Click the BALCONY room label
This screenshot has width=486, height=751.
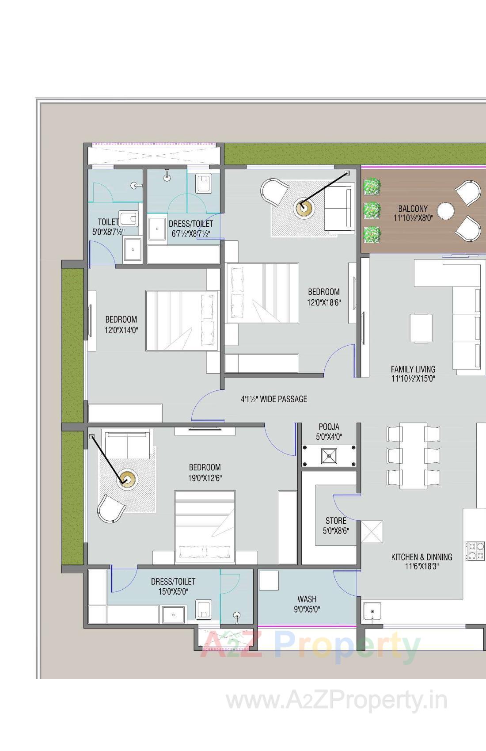pyautogui.click(x=413, y=209)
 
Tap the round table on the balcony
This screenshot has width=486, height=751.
pyautogui.click(x=445, y=211)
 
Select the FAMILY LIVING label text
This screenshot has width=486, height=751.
pyautogui.click(x=413, y=369)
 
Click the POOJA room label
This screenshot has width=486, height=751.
pyautogui.click(x=329, y=427)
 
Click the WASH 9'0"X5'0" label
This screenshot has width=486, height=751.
pyautogui.click(x=307, y=604)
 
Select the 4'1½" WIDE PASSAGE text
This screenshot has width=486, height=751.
pyautogui.click(x=273, y=399)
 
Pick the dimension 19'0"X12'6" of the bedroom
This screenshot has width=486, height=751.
pyautogui.click(x=205, y=478)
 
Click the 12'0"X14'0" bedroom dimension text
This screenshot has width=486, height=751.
pyautogui.click(x=121, y=330)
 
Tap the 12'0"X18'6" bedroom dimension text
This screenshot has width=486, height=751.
pyautogui.click(x=324, y=302)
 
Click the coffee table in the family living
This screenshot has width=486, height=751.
pyautogui.click(x=421, y=328)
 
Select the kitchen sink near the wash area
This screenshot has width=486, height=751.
pyautogui.click(x=372, y=611)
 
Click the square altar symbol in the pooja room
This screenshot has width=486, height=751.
pyautogui.click(x=329, y=456)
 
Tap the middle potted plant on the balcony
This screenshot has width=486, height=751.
pyautogui.click(x=372, y=210)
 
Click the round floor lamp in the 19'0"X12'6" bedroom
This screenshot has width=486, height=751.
pyautogui.click(x=127, y=479)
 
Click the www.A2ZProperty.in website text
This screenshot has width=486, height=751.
pyautogui.click(x=337, y=701)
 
